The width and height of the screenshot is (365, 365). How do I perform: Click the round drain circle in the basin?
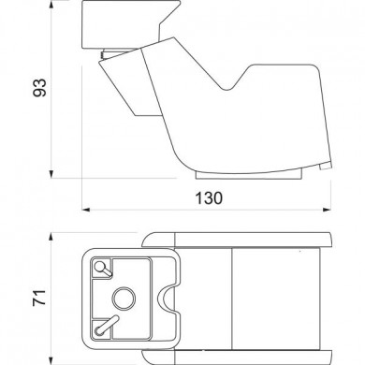pos(123,299)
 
